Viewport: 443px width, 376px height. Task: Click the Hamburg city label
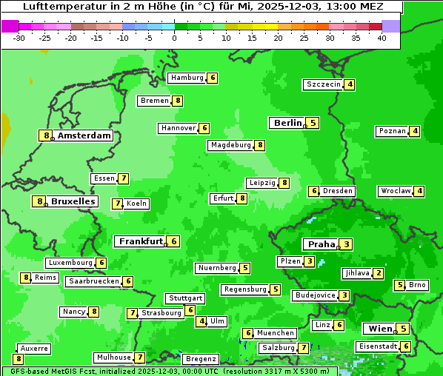(x=187, y=78)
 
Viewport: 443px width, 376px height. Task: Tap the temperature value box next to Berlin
(x=313, y=123)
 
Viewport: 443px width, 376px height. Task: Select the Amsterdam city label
(x=84, y=135)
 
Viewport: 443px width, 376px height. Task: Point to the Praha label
(x=322, y=244)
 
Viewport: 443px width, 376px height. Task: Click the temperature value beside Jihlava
(x=379, y=273)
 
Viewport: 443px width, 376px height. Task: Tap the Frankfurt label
(x=140, y=241)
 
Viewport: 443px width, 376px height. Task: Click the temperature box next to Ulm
(x=201, y=321)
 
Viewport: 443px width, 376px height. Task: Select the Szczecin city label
(x=323, y=84)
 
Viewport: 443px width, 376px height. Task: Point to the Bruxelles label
(x=73, y=201)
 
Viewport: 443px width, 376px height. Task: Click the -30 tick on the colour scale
(x=20, y=37)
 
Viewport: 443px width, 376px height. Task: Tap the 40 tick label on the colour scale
(x=382, y=37)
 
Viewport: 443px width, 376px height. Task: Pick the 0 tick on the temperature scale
(x=175, y=37)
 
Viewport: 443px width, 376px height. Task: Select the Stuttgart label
(x=185, y=298)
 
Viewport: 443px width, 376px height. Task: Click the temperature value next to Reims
(x=26, y=278)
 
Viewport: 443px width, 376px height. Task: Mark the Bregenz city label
(x=201, y=359)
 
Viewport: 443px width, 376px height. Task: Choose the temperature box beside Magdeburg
(x=259, y=145)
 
